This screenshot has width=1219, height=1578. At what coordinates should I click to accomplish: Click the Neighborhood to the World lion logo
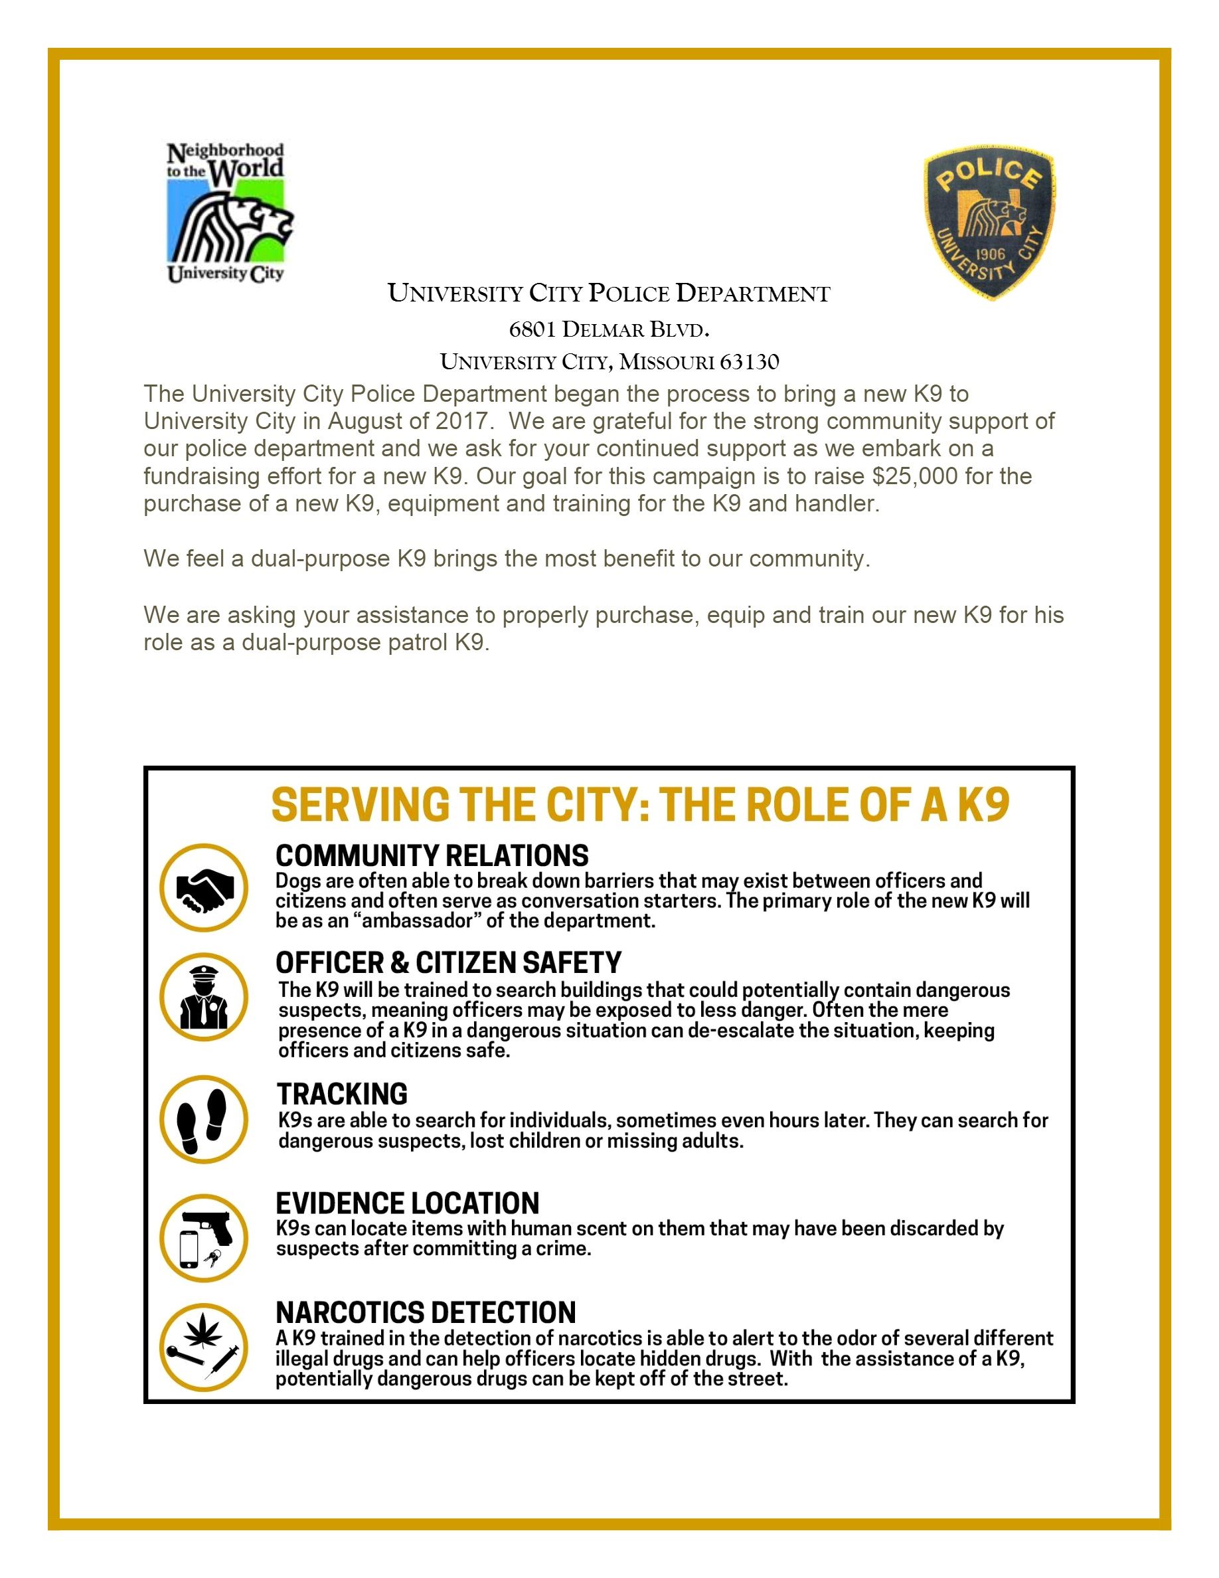pyautogui.click(x=226, y=212)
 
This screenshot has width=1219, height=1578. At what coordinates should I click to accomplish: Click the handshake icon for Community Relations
pyautogui.click(x=205, y=887)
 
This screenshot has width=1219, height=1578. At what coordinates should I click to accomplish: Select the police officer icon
pyautogui.click(x=205, y=998)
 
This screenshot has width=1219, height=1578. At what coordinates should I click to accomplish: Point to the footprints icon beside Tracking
pyautogui.click(x=205, y=1120)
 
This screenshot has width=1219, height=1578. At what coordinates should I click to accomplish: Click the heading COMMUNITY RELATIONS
pyautogui.click(x=432, y=856)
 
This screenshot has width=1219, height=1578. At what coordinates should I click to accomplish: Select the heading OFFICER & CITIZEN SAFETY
pyautogui.click(x=448, y=963)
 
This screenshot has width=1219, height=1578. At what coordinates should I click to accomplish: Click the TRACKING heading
pyautogui.click(x=343, y=1094)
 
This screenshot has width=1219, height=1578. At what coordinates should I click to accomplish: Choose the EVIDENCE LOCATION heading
pyautogui.click(x=407, y=1203)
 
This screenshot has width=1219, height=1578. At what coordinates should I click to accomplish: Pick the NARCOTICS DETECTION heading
pyautogui.click(x=426, y=1312)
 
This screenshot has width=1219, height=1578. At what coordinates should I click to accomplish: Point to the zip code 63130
pyautogui.click(x=750, y=362)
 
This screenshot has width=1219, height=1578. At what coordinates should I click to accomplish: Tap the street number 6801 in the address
pyautogui.click(x=532, y=330)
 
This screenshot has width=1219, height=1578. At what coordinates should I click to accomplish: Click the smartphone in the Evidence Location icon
pyautogui.click(x=189, y=1249)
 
